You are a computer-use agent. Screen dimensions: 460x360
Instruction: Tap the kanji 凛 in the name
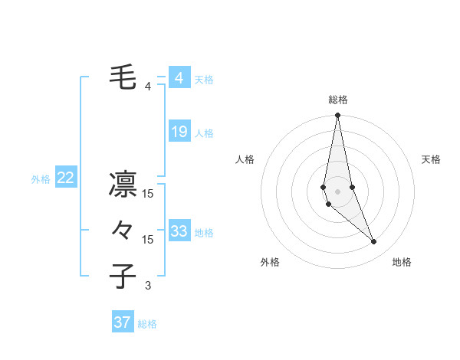tap(123, 185)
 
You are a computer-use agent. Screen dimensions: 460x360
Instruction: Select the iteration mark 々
tap(123, 230)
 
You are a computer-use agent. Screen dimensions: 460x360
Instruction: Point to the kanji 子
tap(123, 277)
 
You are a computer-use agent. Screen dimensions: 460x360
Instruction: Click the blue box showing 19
tap(179, 132)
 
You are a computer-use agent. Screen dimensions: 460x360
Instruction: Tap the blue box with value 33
tap(179, 231)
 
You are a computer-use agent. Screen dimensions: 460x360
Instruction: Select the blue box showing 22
tap(66, 178)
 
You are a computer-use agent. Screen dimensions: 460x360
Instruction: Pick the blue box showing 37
tap(123, 322)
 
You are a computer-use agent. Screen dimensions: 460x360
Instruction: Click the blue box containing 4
tap(179, 78)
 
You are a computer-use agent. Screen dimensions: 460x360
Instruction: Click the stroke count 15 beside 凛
tap(148, 194)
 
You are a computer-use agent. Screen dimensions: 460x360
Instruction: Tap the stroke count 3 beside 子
tap(148, 286)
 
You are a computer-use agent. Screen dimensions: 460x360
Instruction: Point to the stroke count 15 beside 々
tap(148, 240)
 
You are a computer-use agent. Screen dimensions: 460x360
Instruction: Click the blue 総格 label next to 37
tap(147, 324)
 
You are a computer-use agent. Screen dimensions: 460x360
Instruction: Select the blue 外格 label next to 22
tap(41, 179)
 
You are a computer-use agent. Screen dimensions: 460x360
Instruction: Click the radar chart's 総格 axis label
tap(338, 100)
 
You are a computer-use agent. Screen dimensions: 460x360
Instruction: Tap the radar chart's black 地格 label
tap(402, 262)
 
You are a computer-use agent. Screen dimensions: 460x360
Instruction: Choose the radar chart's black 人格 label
tap(245, 159)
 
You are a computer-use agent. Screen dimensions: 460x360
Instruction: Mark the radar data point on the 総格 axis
tap(338, 116)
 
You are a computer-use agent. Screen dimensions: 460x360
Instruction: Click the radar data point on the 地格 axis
tap(374, 242)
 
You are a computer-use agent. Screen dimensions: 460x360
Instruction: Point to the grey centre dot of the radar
tap(338, 191)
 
